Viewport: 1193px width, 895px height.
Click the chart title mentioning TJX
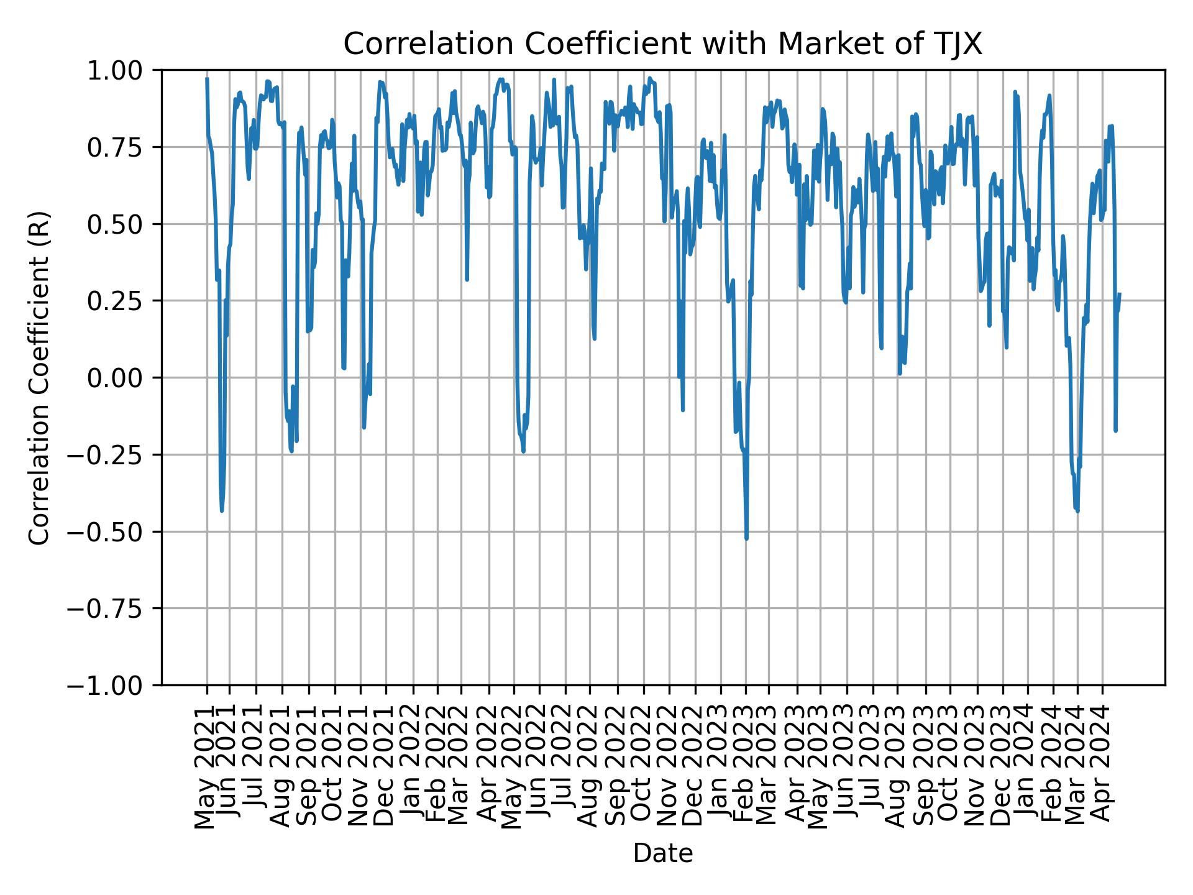tap(662, 44)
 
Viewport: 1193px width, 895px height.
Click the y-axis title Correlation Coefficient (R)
tap(39, 377)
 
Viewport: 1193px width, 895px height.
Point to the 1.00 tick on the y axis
tap(124, 70)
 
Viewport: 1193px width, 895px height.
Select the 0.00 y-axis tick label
tap(124, 378)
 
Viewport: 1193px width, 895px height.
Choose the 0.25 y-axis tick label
tap(124, 301)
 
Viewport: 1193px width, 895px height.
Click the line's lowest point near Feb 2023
tap(746, 538)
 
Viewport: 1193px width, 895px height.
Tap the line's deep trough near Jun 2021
tap(222, 510)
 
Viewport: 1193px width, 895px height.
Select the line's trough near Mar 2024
tap(1077, 511)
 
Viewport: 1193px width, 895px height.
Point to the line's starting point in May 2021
tap(207, 79)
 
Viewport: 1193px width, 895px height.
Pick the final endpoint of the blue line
tap(1120, 294)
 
